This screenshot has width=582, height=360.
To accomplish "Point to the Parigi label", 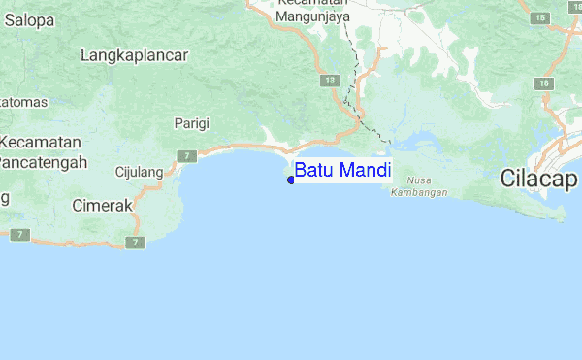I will click(x=191, y=122).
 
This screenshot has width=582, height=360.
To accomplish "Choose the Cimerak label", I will click(x=101, y=205).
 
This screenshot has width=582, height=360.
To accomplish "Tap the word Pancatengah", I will click(x=43, y=161).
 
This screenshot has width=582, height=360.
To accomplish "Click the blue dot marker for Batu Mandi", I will click(x=291, y=179).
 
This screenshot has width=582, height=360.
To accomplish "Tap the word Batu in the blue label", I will click(x=313, y=171).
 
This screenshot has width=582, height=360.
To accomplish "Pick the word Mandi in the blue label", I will click(x=364, y=171).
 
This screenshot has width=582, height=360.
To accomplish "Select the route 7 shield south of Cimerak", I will click(x=136, y=242).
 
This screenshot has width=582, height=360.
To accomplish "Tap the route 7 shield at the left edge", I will click(x=21, y=235).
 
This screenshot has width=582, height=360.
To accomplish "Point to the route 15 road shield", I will click(x=538, y=18).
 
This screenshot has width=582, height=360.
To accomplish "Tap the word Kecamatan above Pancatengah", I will click(x=40, y=142).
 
